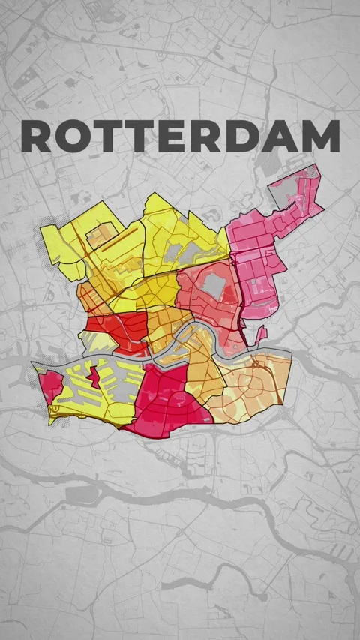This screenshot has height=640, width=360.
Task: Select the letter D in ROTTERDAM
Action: pos(250,136)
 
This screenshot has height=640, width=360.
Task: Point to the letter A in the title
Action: pos(284,136)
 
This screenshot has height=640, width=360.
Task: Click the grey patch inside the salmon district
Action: pos(214,284)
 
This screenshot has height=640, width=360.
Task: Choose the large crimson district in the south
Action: pos(169,398)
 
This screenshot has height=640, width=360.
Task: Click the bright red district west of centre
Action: pos(120,328)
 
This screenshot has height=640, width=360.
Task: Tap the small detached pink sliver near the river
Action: pos(262,334)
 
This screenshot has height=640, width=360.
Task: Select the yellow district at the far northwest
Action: pos(67,248)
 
